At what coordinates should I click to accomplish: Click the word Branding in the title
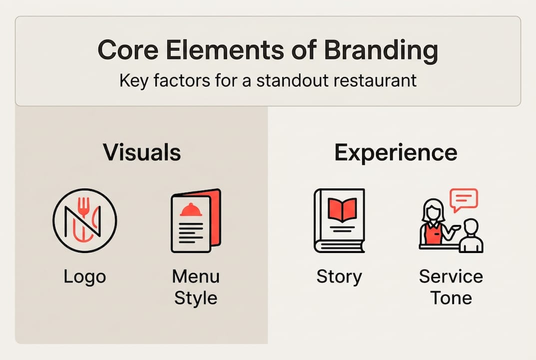point(381,50)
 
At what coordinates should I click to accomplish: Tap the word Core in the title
point(126,50)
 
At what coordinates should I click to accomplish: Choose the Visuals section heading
point(142,152)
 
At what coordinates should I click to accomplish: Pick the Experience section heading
point(396,152)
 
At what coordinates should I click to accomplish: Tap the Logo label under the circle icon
point(84,276)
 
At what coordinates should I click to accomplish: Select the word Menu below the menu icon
point(195,276)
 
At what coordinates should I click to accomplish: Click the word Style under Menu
point(195,298)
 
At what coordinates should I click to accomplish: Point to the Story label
point(339,276)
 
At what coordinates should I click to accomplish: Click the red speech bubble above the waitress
point(464,198)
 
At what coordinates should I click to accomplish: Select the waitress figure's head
point(433,209)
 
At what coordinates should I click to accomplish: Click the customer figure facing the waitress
point(471,237)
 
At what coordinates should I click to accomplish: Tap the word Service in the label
point(451,276)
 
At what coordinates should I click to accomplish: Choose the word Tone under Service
point(451,298)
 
